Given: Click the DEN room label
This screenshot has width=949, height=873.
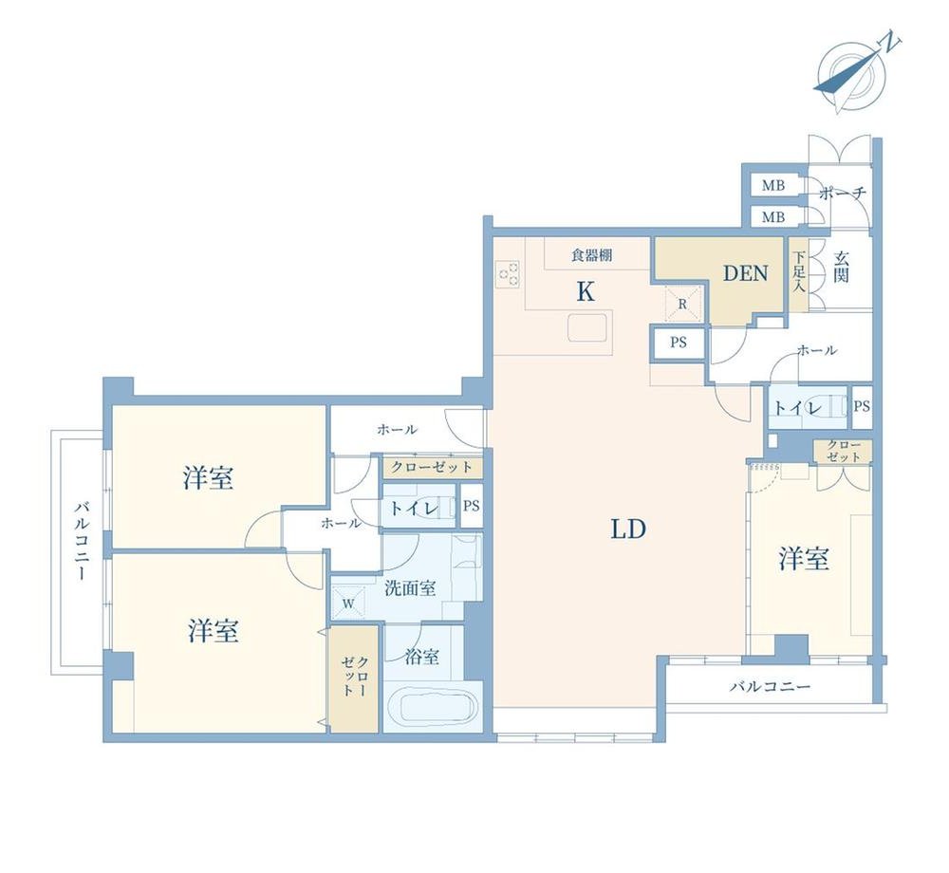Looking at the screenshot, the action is coord(746,273).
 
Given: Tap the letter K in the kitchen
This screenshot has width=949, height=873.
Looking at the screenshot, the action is coord(586,292).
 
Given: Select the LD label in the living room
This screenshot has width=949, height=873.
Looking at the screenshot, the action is coord(628,529).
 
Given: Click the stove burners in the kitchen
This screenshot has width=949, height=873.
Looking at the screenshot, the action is coord(507,273).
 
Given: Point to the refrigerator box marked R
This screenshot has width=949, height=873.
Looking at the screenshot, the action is coord(682,304).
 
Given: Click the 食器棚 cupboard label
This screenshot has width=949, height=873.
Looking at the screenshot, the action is coord(591,255).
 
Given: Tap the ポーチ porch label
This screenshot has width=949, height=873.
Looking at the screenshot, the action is coord(843,194).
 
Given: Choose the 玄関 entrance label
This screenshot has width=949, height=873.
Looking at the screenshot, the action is coord(841,267).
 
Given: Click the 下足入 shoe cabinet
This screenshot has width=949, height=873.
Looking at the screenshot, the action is coord(798,273).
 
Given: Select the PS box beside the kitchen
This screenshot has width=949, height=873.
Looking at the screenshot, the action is coord(679,343).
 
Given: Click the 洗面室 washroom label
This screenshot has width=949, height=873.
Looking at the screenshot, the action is coord(410,587).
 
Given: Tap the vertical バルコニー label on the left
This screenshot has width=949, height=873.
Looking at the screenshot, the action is coord(81,540).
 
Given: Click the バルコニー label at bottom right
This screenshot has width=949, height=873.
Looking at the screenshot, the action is coord(770,687).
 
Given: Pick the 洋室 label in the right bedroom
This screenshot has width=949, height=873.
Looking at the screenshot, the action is coord(804,558).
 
